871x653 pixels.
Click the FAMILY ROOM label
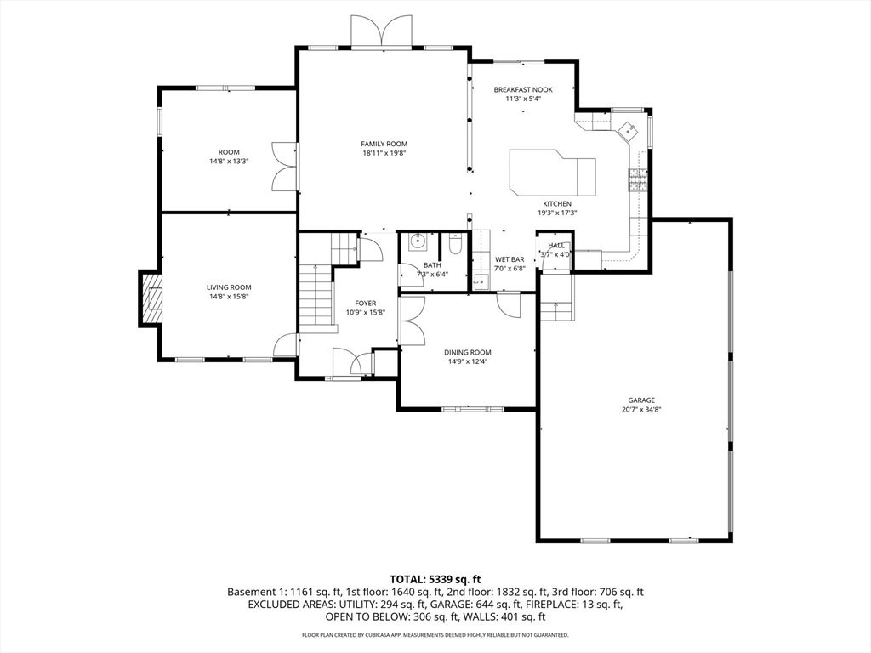point(384,144)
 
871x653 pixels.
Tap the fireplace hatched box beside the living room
point(151,298)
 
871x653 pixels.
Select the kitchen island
point(552,172)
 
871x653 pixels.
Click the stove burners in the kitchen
point(638,179)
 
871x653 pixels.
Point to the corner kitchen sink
point(629,131)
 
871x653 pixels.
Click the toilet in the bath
point(455,244)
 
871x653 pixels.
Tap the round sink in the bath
point(417,241)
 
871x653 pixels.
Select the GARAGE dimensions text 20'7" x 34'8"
point(641,410)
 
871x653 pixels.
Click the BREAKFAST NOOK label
point(523,89)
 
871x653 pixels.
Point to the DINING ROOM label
point(468,352)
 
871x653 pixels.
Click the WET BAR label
point(510,259)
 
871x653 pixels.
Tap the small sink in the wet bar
point(480,281)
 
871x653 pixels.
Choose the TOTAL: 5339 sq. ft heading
point(435,580)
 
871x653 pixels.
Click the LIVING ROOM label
point(229,287)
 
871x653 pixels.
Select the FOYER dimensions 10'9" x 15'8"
point(366,313)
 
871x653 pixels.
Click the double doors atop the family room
point(381,31)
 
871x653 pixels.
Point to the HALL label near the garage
point(556,246)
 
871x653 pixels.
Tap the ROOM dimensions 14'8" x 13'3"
point(229,162)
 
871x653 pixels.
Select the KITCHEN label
point(557,204)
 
